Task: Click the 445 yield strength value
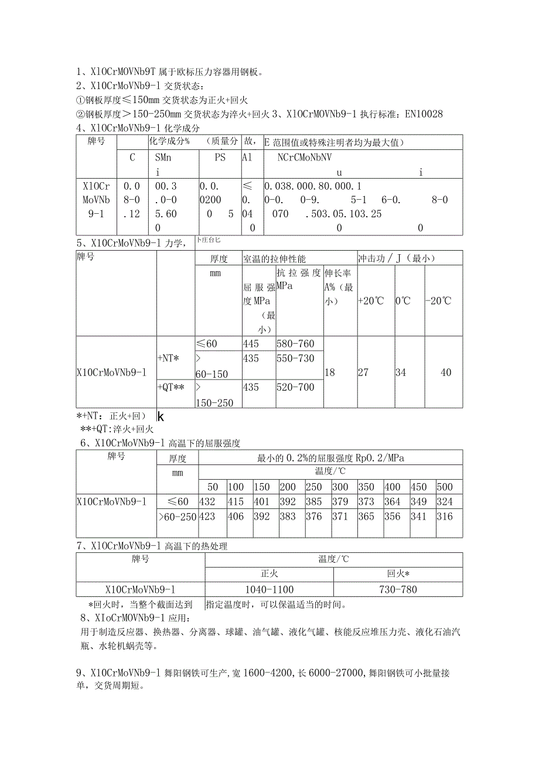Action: tap(251, 344)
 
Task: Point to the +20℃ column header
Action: tap(371, 300)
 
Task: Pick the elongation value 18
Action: tap(330, 373)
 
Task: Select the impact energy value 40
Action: tap(445, 373)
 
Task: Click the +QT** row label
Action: tap(171, 387)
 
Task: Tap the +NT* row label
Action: tap(169, 358)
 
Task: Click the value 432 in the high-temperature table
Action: tap(208, 501)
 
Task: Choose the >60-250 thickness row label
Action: tap(178, 516)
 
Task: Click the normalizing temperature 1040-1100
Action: tap(269, 589)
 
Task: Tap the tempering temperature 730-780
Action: tap(398, 589)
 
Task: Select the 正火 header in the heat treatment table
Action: tap(269, 574)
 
